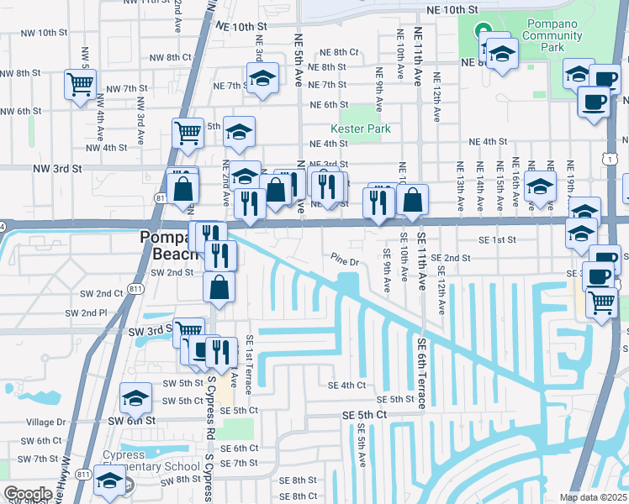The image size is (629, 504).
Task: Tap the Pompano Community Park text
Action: [551, 29]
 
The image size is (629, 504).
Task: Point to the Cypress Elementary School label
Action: [148, 460]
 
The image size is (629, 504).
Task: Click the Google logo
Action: [27, 494]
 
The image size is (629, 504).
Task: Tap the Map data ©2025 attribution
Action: [593, 497]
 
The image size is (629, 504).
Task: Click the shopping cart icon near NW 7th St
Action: [81, 83]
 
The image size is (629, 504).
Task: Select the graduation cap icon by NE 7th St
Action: [262, 79]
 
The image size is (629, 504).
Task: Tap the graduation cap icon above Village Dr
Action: [135, 398]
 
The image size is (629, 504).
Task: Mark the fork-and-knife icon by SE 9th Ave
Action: [378, 202]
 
